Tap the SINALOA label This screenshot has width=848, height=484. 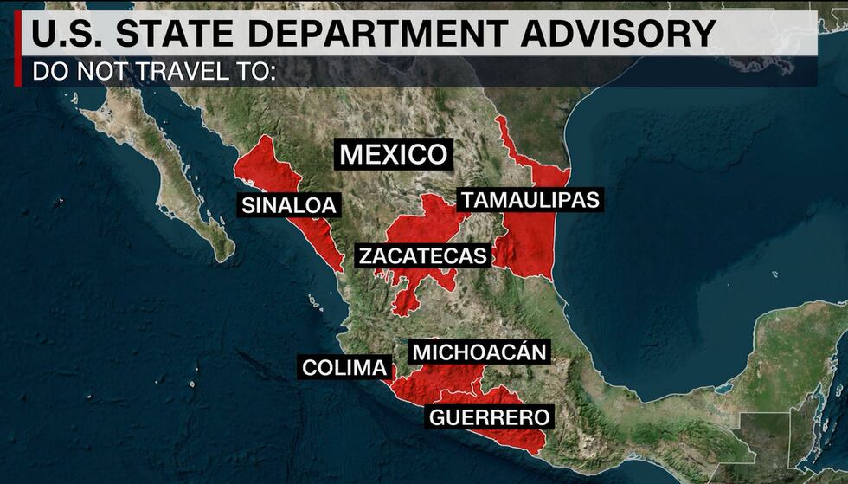290,205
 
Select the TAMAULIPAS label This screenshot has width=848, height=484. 530,200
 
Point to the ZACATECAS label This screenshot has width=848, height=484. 423,256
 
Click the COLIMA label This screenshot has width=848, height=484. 344,368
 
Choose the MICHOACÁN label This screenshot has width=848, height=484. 479,352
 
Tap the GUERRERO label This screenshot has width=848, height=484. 490,417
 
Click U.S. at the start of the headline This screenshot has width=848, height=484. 61,34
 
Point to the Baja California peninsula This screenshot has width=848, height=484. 173,173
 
